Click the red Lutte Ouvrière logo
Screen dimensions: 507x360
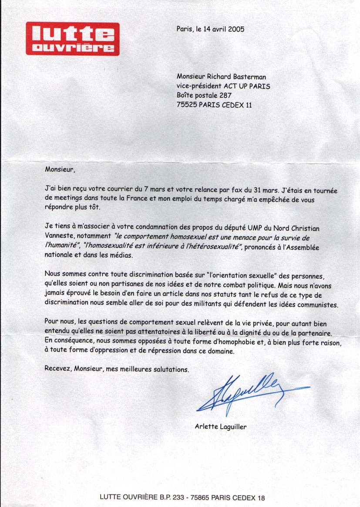[72, 39]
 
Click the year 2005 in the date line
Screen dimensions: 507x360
[235, 30]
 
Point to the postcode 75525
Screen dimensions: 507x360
[187, 105]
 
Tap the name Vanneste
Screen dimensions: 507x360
[59, 237]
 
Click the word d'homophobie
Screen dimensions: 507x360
[238, 342]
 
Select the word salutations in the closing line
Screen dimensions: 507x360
[172, 369]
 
